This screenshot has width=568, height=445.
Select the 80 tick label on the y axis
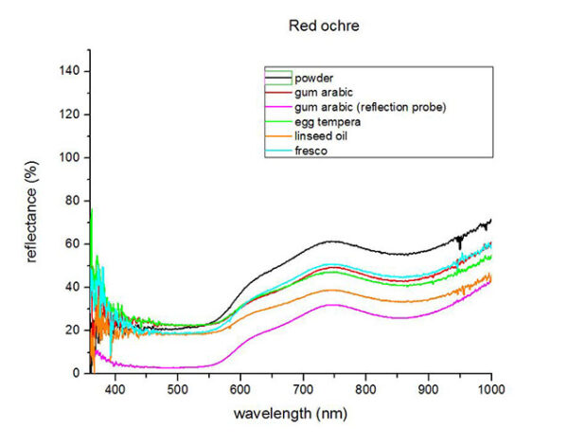click(72, 201)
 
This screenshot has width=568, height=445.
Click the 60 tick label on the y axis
click(72, 243)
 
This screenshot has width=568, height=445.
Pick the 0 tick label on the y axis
click(75, 373)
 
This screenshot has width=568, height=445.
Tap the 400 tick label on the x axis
click(115, 388)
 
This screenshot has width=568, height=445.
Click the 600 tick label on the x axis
click(240, 388)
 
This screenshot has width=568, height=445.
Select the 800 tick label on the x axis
click(366, 388)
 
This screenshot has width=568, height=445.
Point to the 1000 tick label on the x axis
click(490, 388)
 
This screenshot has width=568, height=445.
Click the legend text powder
click(313, 77)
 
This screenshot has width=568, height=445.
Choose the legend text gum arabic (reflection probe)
click(370, 107)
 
